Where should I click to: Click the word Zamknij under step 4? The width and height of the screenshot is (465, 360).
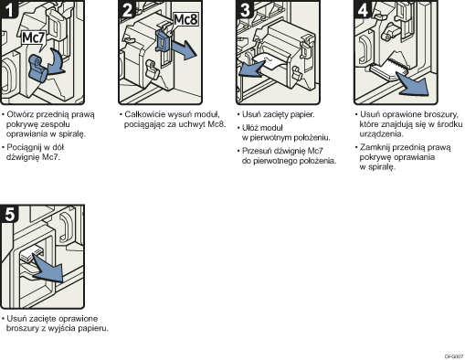pyautogui.click(x=378, y=146)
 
